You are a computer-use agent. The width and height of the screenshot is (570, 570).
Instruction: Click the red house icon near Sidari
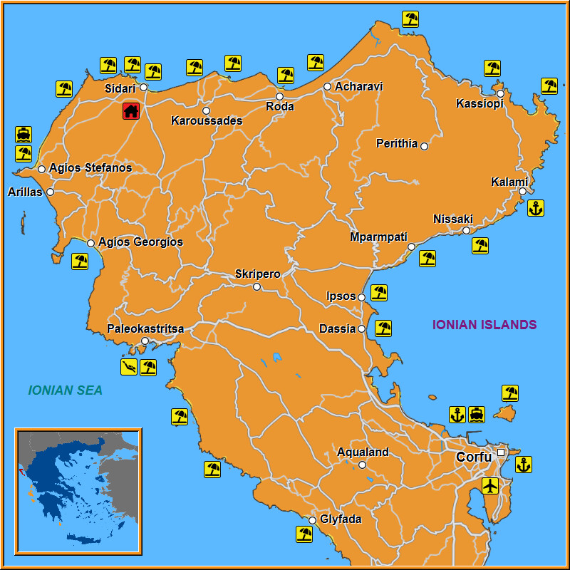130,110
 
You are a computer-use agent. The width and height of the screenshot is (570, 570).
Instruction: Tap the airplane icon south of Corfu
489,486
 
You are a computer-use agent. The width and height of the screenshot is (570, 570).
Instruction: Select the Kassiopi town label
480,104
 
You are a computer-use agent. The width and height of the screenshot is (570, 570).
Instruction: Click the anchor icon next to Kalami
535,208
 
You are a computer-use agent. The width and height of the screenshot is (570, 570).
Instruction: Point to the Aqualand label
363,452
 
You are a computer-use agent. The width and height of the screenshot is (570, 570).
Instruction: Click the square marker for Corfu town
501,452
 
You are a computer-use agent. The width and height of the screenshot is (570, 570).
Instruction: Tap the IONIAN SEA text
66,390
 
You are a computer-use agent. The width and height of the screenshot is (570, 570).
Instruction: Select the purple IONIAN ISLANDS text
484,325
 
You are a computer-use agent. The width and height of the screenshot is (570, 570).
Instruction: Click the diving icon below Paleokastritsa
129,367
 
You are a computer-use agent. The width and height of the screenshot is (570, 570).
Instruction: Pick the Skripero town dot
256,287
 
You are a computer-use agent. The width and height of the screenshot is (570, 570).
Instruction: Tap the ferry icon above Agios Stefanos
24,135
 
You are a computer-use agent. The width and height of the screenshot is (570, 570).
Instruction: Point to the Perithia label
397,144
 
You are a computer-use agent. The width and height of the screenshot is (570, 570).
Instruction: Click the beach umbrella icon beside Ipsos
379,292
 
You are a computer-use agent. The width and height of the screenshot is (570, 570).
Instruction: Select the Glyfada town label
341,519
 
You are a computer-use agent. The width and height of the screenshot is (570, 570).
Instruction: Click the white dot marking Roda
279,96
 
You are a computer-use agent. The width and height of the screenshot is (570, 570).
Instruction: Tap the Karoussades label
207,121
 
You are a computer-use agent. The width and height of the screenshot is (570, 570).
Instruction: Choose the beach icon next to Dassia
383,328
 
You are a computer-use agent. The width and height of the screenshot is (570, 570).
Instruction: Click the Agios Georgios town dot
91,244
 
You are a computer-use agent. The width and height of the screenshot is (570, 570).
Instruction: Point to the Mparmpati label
378,237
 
